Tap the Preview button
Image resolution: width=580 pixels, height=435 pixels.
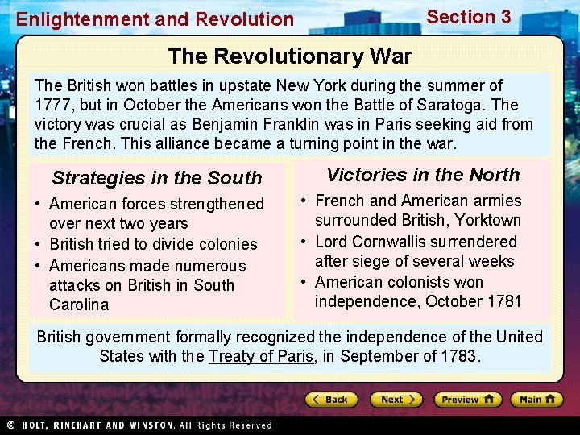click(467, 400)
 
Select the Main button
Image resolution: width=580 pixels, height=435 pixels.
click(536, 400)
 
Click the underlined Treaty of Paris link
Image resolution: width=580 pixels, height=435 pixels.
click(260, 356)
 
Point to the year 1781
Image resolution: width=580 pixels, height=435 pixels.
click(504, 302)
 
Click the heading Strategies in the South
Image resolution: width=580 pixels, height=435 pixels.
click(157, 178)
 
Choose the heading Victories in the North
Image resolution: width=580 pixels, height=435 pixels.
click(423, 175)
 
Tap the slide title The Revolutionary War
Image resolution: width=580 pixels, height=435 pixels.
click(290, 56)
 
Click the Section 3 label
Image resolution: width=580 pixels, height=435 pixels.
click(469, 17)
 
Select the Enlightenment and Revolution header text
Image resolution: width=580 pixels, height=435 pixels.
click(155, 19)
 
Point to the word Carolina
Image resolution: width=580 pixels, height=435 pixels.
click(79, 304)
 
